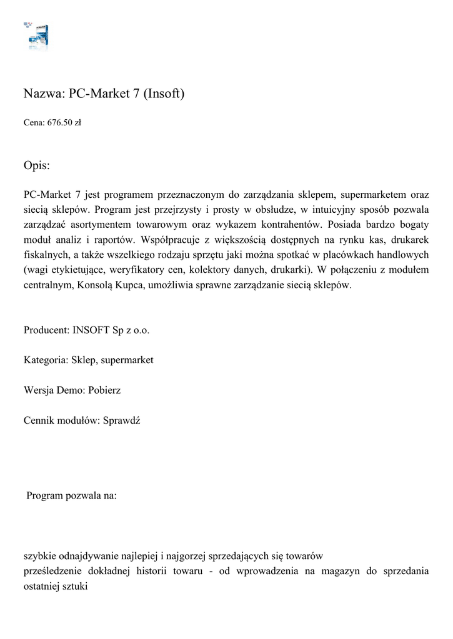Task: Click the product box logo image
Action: click(x=37, y=37)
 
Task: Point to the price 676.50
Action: click(x=61, y=123)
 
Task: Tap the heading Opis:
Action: click(x=37, y=166)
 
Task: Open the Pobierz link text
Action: click(x=104, y=390)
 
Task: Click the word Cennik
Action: click(x=39, y=420)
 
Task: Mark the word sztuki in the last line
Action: click(x=74, y=586)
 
